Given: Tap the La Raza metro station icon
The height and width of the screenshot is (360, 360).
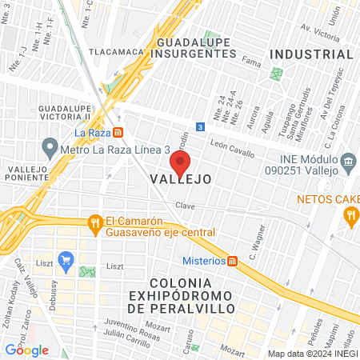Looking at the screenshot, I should click(x=118, y=132).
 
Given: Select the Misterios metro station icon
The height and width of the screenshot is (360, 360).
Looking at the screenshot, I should click(x=233, y=261).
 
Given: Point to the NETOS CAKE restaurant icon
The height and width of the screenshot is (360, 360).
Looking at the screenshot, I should click(x=350, y=214).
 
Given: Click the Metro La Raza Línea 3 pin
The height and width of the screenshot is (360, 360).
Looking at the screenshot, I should click(x=50, y=149).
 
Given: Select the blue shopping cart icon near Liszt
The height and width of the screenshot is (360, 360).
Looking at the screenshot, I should click(x=66, y=259).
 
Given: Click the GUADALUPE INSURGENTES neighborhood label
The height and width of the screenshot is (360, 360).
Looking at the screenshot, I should click(x=197, y=47).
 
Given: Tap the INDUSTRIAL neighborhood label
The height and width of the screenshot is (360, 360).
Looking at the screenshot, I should click(x=311, y=54).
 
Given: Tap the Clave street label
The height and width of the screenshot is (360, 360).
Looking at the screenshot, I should click(x=186, y=206).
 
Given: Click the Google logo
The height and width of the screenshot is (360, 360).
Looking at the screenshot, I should click(x=27, y=349).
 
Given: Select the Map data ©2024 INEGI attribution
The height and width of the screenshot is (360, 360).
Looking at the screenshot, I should click(x=311, y=354).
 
